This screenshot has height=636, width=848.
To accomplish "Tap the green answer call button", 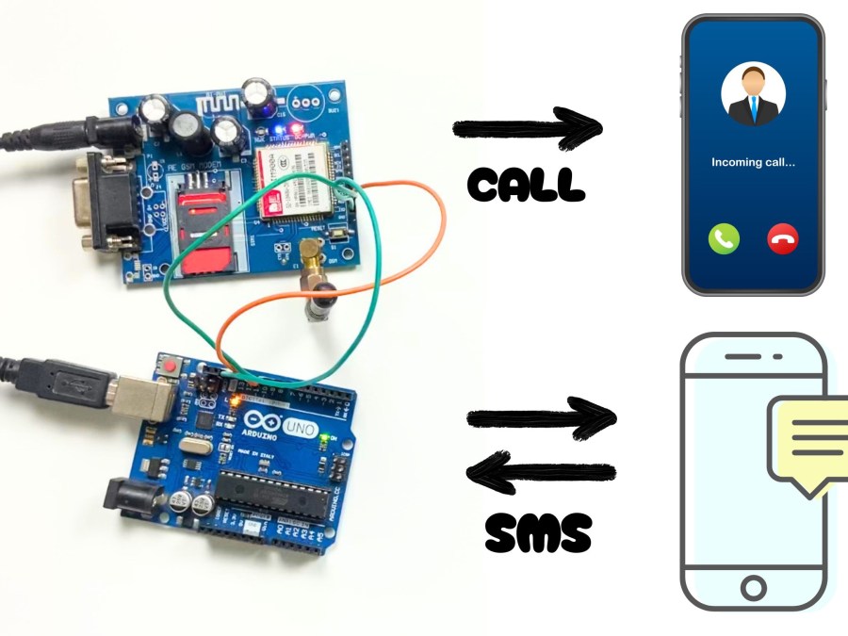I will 724,239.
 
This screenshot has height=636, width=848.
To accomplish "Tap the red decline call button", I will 783,239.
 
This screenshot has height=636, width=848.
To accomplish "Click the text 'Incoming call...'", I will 753,162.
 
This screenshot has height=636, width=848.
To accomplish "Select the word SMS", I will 538,534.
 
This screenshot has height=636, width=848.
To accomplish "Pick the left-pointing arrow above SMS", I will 541,471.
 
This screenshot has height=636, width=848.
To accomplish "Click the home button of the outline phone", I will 753,589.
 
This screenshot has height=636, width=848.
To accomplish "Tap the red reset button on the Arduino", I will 171,365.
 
